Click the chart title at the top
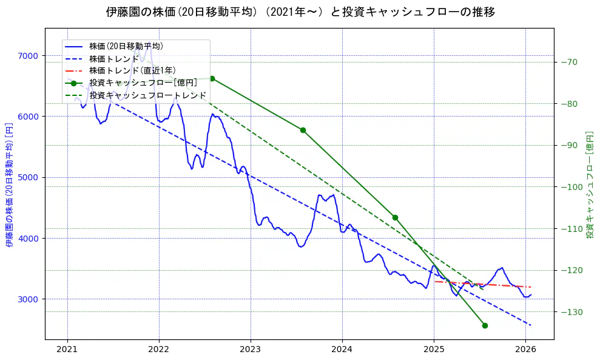(x=300, y=12)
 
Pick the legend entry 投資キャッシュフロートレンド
(x=147, y=95)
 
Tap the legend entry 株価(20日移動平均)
(x=126, y=46)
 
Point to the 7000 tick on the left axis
(x=28, y=56)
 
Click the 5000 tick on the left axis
(x=28, y=177)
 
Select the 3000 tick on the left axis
(x=28, y=299)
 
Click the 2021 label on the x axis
(x=67, y=349)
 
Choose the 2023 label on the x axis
(x=251, y=349)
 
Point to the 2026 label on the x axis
(x=525, y=349)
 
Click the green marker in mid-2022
(x=212, y=78)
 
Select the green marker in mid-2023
(x=303, y=130)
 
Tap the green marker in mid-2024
(x=395, y=217)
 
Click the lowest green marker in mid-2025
(x=485, y=325)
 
